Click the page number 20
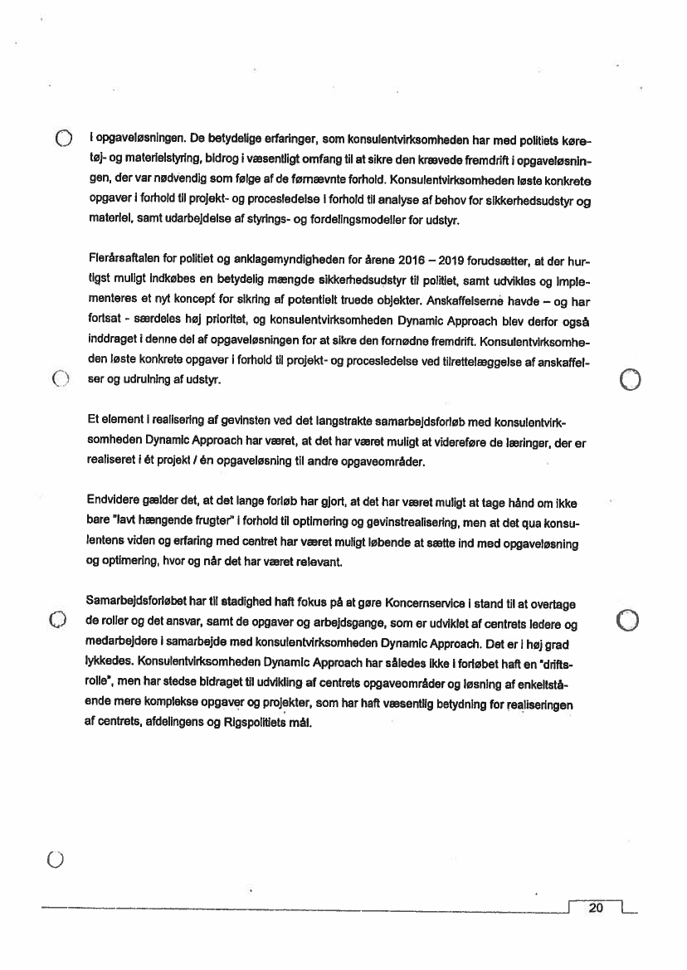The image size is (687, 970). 596,908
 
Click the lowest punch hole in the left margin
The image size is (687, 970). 56,860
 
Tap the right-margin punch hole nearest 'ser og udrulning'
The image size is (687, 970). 631,380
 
